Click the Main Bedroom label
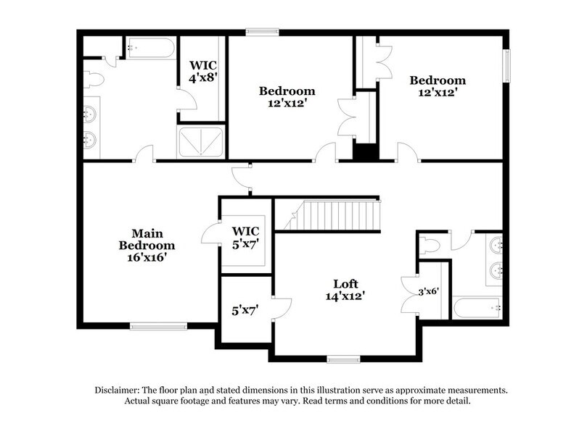(x=147, y=239)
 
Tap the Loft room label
(x=345, y=283)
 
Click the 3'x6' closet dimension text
(x=429, y=293)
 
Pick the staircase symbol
(x=335, y=217)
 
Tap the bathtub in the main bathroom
(x=151, y=48)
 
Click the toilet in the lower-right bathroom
(x=430, y=246)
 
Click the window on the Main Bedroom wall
(x=158, y=326)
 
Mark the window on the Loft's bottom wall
(x=343, y=359)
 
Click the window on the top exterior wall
(x=262, y=31)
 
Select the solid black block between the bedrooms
(x=366, y=152)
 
